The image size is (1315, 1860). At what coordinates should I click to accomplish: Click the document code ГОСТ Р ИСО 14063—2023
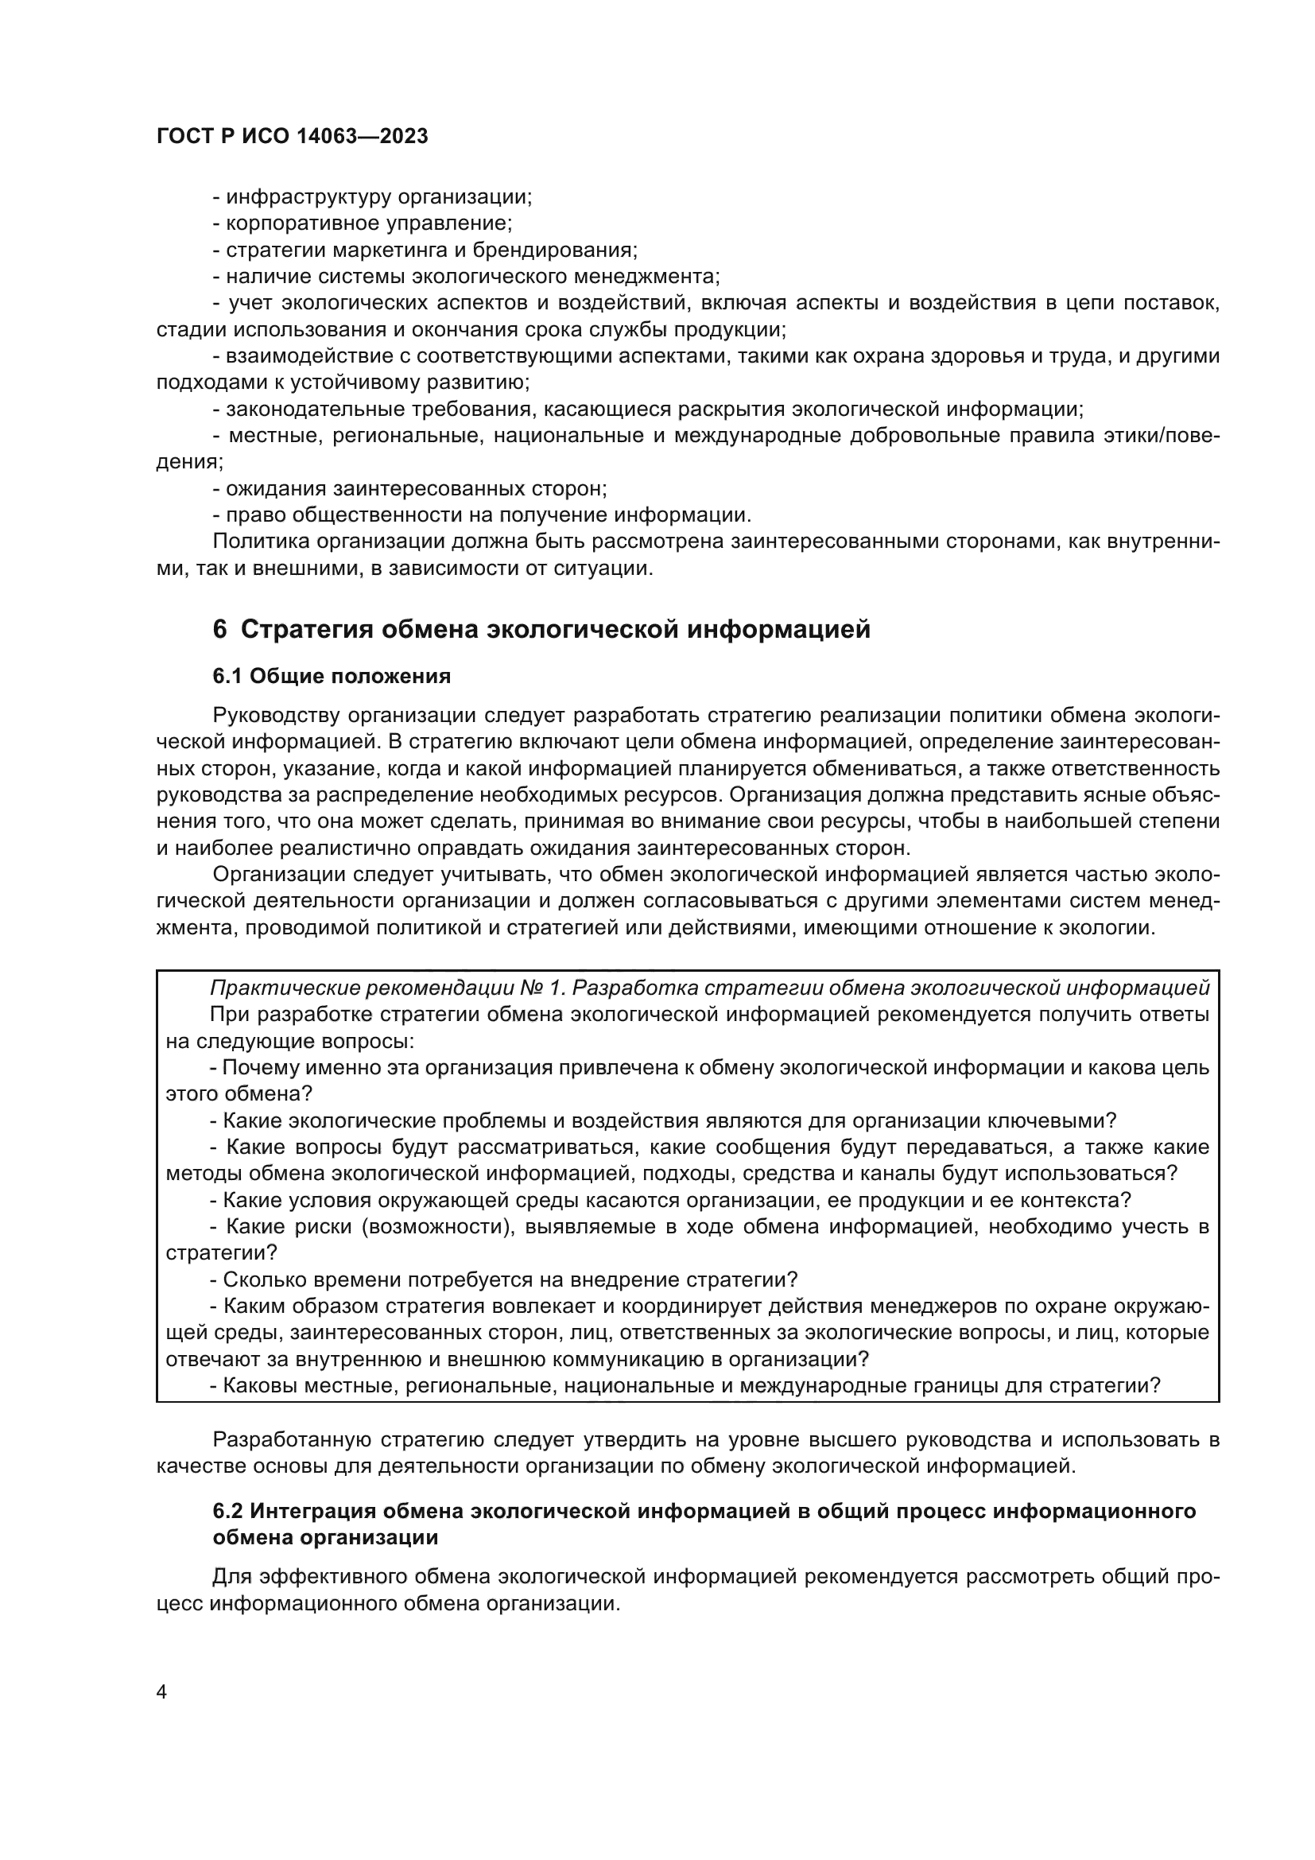pyautogui.click(x=292, y=137)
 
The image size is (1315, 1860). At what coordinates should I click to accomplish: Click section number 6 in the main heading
pyautogui.click(x=219, y=630)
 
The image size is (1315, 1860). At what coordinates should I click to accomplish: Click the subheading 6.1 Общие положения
pyautogui.click(x=332, y=677)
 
